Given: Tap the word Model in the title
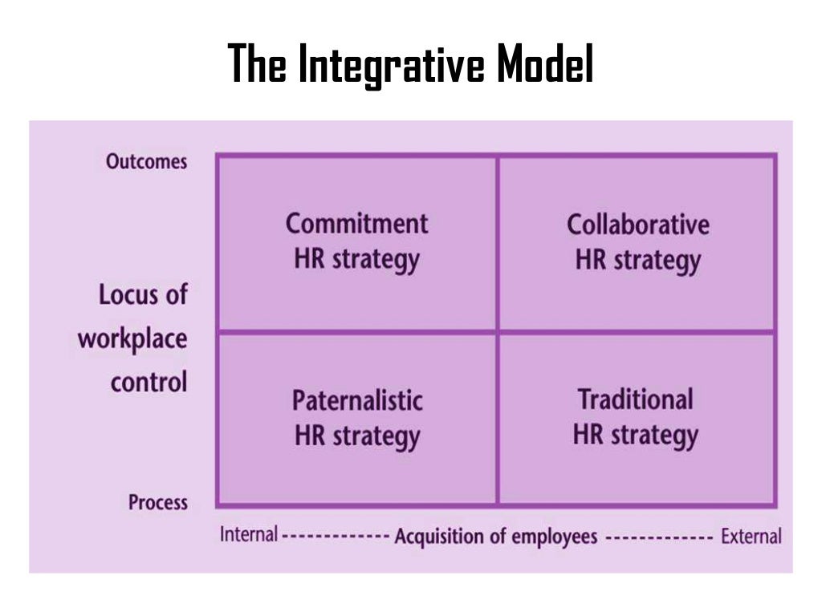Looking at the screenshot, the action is [544, 64].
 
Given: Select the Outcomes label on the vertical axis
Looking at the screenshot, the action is [147, 161].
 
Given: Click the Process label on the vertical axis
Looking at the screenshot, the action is [158, 503].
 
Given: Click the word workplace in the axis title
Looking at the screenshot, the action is [132, 338].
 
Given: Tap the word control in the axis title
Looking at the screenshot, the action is [149, 381].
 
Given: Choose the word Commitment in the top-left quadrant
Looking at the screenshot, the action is [357, 223].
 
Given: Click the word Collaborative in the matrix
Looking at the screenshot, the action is [638, 224].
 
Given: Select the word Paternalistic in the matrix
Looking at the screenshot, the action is [357, 399].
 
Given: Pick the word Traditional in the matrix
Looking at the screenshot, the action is [636, 399].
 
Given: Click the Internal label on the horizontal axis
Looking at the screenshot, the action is [249, 534].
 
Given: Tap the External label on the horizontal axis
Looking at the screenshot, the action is [751, 536].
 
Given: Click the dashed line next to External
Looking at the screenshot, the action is [658, 536].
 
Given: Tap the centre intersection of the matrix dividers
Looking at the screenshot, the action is [498, 331].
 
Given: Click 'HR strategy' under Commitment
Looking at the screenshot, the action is [357, 259].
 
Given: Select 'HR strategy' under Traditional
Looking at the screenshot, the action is [636, 435].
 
